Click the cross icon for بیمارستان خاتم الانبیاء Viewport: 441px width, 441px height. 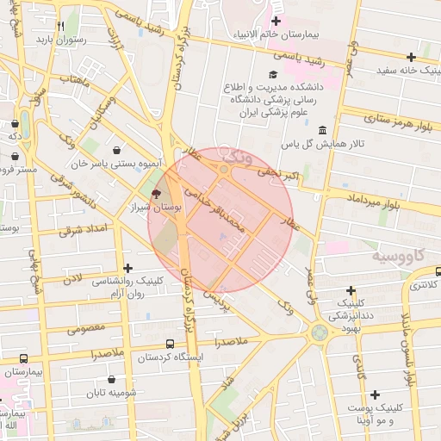tap(276, 22)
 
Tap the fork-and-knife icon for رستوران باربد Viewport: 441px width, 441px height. tap(60, 26)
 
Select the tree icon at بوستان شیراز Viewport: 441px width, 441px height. tap(156, 193)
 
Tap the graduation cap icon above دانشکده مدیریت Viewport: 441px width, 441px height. tap(274, 75)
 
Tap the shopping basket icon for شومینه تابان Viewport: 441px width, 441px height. tap(111, 379)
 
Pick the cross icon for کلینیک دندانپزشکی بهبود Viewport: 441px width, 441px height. tap(351, 290)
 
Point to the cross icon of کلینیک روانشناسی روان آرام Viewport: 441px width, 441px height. tap(128, 269)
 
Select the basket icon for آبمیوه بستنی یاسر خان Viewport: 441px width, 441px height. tap(115, 151)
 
